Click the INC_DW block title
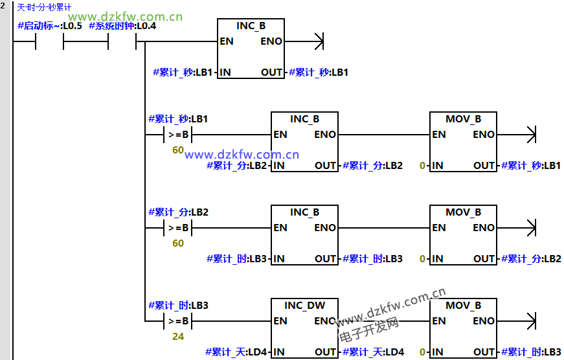[x=304, y=306]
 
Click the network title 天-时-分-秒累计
[x=45, y=7]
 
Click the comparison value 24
[x=177, y=337]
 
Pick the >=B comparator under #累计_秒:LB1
[x=178, y=135]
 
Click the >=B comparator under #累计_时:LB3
[x=178, y=321]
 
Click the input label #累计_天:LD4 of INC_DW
[x=236, y=352]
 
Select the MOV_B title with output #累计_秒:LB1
[x=463, y=119]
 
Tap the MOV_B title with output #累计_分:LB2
[x=463, y=212]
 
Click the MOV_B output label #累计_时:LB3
[x=531, y=352]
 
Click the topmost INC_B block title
[x=251, y=26]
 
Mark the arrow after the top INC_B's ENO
[x=317, y=42]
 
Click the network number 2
[x=5, y=6]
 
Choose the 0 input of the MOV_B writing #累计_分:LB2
[x=422, y=259]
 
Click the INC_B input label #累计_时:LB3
[x=236, y=259]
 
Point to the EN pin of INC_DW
[x=280, y=321]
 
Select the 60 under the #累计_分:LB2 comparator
[x=177, y=243]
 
